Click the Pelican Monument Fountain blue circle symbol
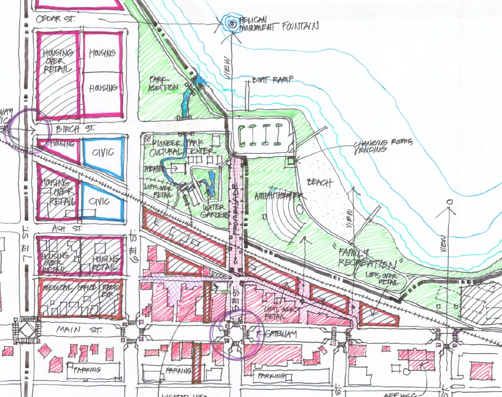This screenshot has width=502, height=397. click(232, 24)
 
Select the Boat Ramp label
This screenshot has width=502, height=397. click(273, 80)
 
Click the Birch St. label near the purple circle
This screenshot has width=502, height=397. click(75, 129)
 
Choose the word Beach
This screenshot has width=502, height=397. click(319, 183)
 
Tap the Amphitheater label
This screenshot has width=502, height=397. click(278, 196)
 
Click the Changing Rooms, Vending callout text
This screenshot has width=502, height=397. click(382, 146)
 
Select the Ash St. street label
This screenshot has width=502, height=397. click(67, 229)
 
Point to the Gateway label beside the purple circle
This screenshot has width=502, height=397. click(281, 334)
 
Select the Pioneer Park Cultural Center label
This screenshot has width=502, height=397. click(182, 147)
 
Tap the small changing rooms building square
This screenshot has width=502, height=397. click(291, 161)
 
